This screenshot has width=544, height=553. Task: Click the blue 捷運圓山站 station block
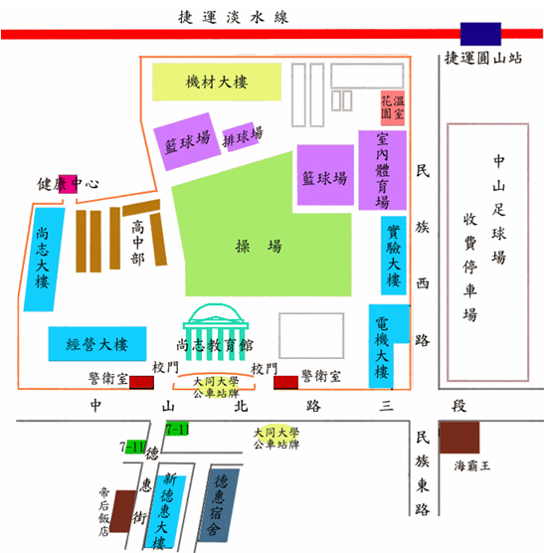[480, 34]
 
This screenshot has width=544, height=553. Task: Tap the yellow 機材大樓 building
[217, 82]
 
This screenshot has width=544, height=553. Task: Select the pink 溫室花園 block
[393, 108]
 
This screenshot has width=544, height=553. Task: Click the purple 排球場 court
[243, 136]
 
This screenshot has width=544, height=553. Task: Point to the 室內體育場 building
[383, 170]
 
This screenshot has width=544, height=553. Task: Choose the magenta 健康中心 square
[68, 184]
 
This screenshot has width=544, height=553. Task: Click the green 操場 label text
[259, 246]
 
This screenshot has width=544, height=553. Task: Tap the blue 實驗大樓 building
[394, 256]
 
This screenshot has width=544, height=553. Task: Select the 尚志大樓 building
[44, 260]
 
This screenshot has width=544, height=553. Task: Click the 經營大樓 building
[97, 344]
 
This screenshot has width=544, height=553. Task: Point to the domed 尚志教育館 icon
[216, 331]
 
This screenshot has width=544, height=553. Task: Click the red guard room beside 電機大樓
[286, 382]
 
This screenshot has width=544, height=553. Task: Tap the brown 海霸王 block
[459, 438]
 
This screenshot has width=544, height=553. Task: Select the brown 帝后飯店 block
[122, 511]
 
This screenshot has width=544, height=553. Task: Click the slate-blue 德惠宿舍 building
[219, 505]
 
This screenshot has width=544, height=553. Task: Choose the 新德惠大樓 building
[165, 511]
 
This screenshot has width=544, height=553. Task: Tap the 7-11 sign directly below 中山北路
[177, 429]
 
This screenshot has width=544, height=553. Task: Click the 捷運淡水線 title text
[233, 17]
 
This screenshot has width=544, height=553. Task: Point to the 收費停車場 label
[470, 267]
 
